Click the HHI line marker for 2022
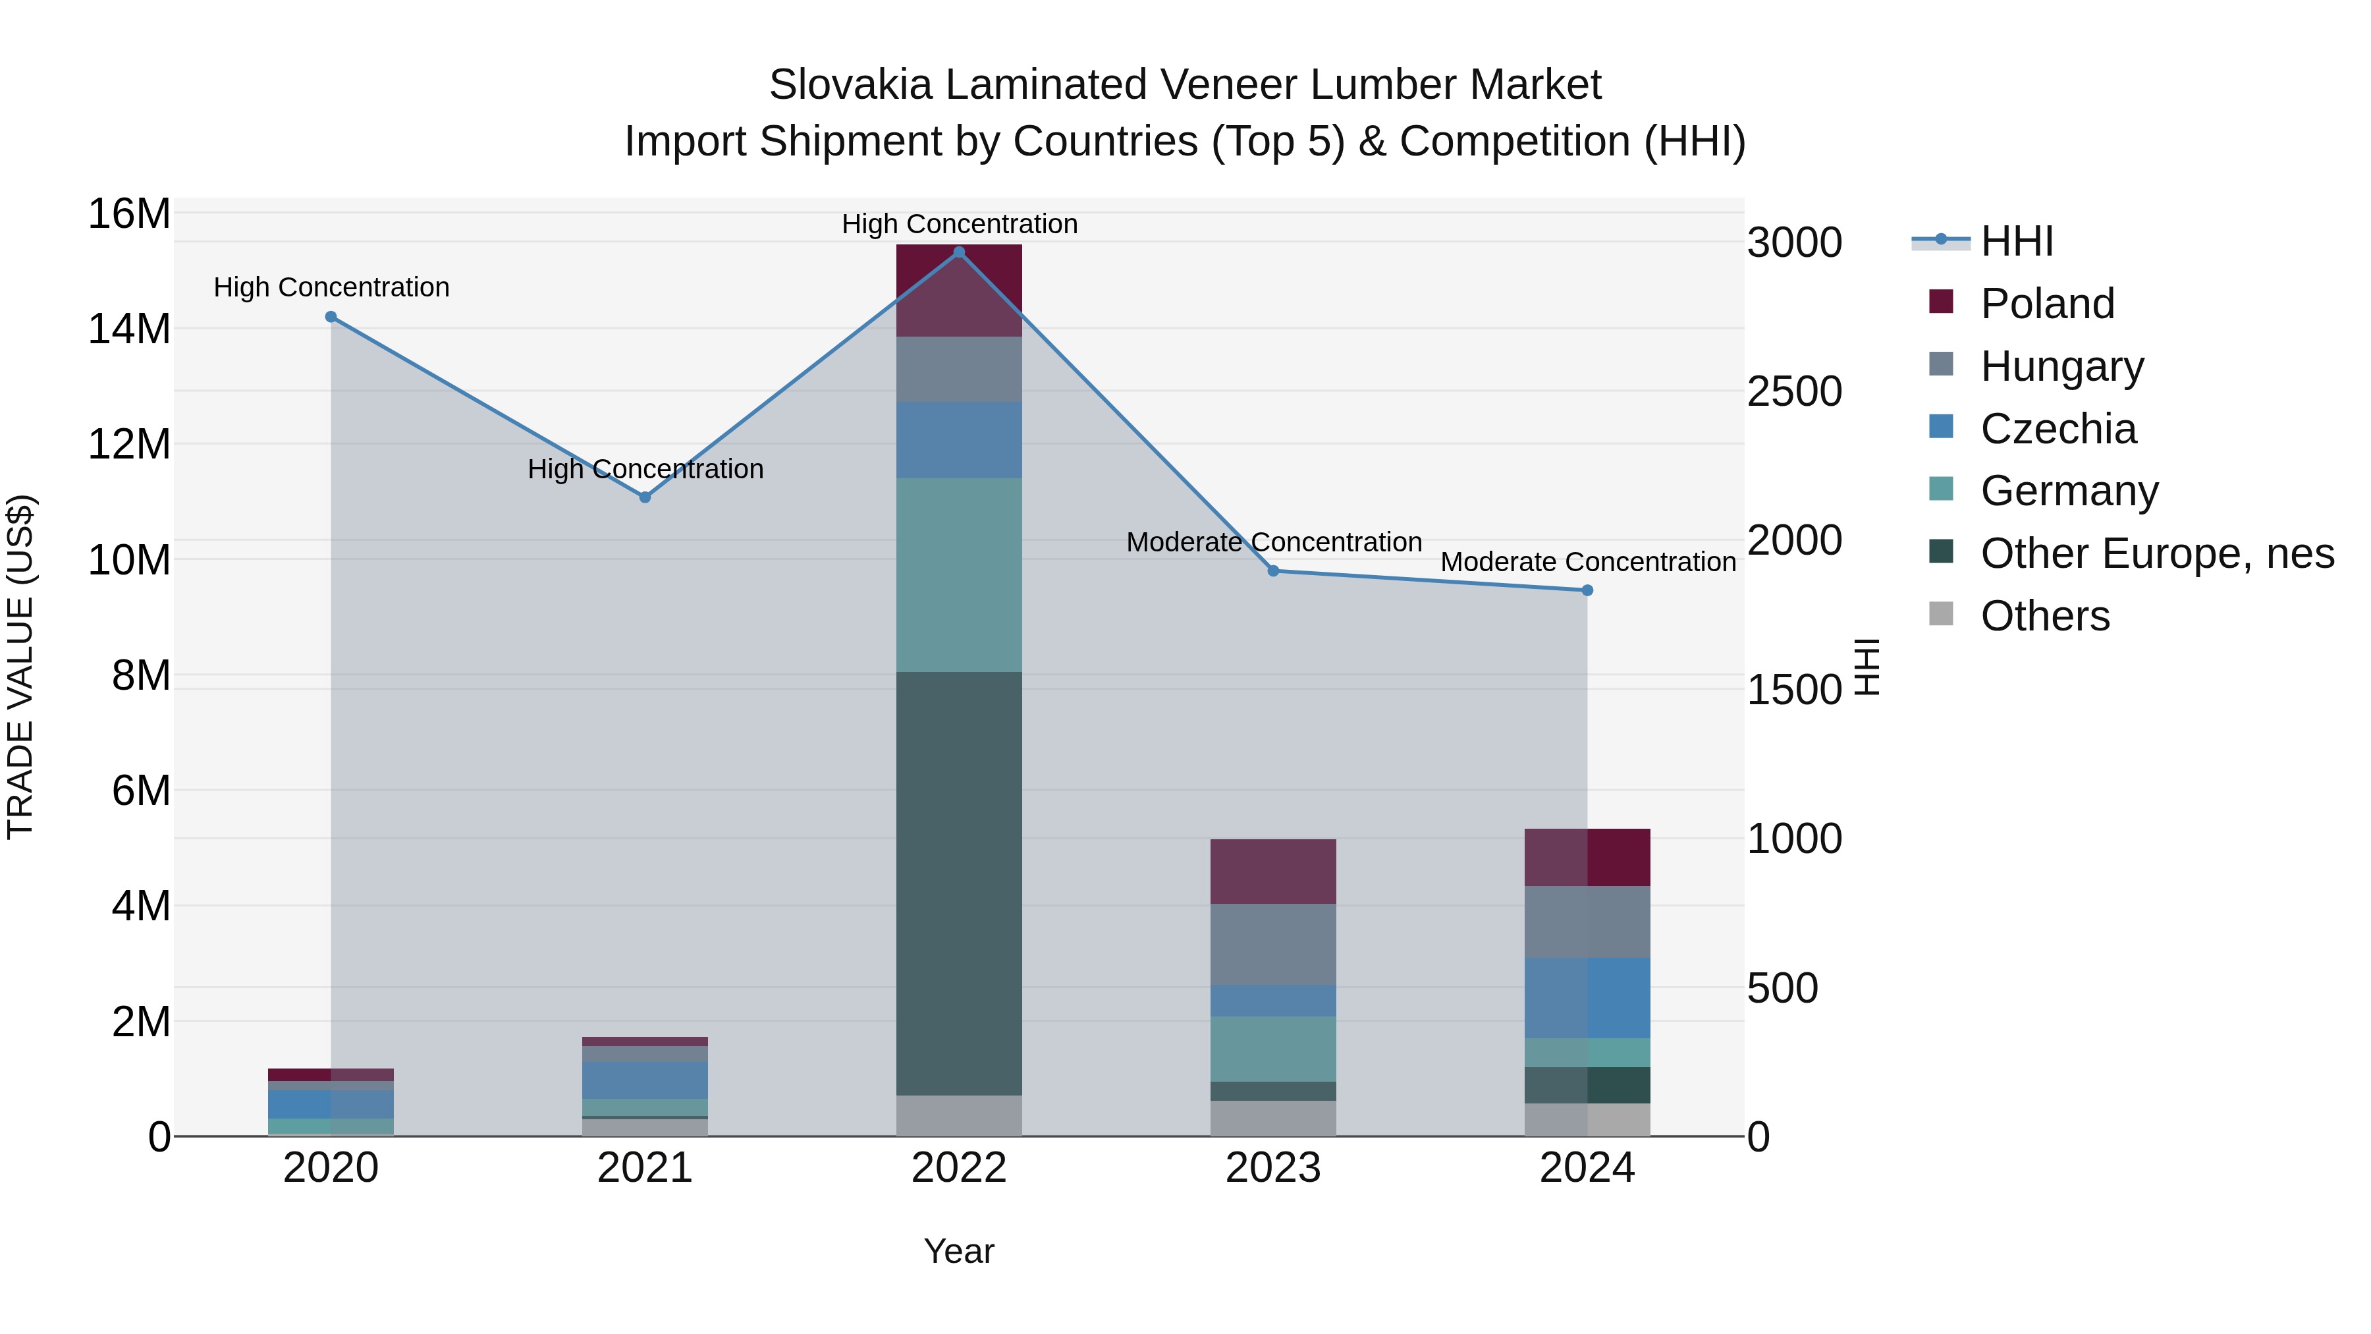tap(959, 252)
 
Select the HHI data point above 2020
tap(331, 317)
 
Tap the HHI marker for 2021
tap(645, 497)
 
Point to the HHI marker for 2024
tap(1588, 590)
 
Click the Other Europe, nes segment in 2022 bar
tap(959, 884)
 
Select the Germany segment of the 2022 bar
tap(959, 574)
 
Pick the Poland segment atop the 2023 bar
tap(1273, 871)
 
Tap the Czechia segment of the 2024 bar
tap(1588, 998)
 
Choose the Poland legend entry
tap(2047, 304)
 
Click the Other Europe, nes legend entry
tap(2156, 553)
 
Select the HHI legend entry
tap(2016, 241)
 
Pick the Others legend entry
tap(2044, 616)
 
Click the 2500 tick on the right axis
tap(1794, 391)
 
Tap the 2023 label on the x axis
tap(1273, 1168)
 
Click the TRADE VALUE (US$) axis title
tap(20, 667)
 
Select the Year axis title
tap(959, 1251)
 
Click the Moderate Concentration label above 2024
tap(1588, 561)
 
